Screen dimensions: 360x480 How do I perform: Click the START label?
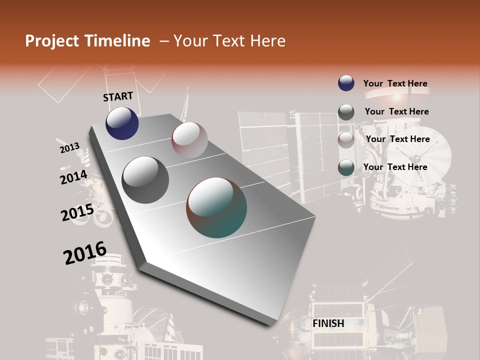point(118,96)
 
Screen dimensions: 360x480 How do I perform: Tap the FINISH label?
point(328,323)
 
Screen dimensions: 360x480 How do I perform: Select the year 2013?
point(69,148)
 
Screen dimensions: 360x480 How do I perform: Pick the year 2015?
point(77,212)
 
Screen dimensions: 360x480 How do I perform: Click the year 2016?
point(85,253)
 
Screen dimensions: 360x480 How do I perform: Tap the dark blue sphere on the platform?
point(122,123)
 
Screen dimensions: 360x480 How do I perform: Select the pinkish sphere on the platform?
point(189,140)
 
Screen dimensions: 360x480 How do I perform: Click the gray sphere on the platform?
point(145,180)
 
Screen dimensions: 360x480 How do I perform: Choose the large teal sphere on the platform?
point(216,207)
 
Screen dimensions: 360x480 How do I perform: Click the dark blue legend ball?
point(346,83)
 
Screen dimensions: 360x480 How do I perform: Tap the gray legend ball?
point(346,111)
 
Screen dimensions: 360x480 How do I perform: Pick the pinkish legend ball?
point(346,139)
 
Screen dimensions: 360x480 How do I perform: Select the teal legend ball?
point(346,167)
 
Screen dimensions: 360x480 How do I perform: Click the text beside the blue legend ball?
point(395,83)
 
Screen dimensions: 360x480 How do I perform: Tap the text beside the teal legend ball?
point(395,167)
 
